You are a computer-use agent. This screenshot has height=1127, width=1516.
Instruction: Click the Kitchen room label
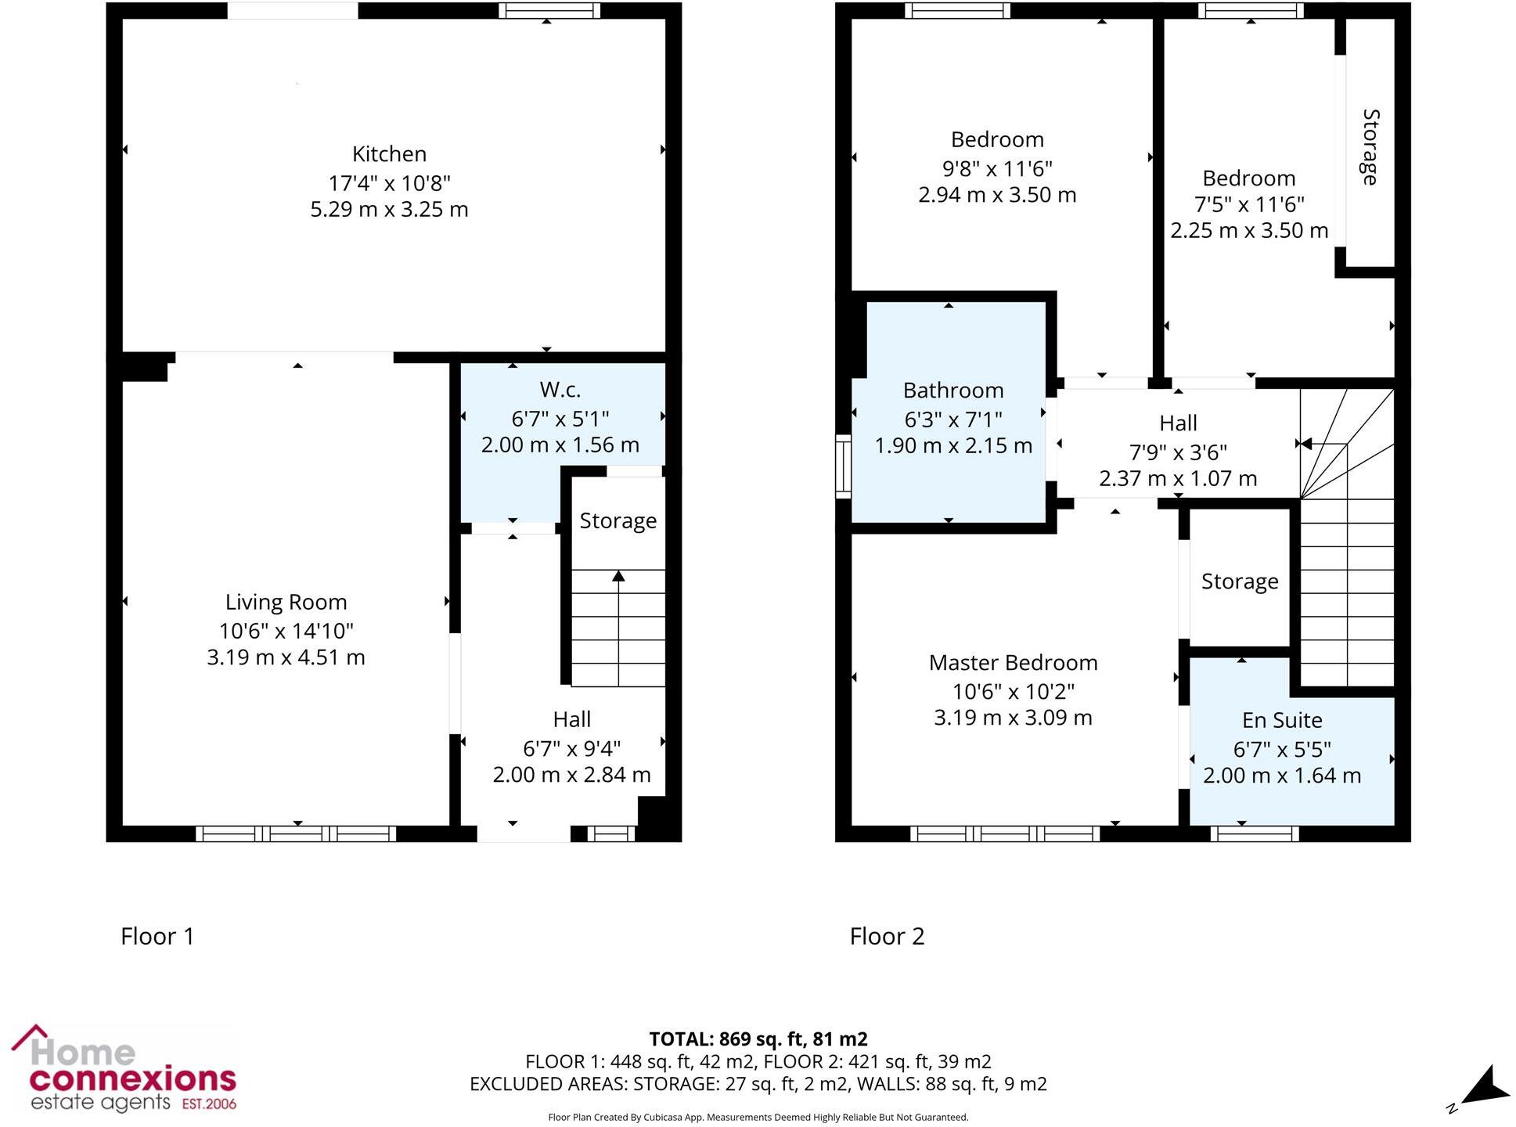[389, 154]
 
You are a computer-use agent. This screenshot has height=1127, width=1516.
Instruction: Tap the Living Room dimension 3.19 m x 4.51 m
[286, 657]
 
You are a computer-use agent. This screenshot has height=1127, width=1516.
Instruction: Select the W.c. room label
[560, 390]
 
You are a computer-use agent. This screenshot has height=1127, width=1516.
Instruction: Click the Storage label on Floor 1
[618, 521]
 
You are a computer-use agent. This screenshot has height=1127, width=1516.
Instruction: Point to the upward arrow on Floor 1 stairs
[618, 577]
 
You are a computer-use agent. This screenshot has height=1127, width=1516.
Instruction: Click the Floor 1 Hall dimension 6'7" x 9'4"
[571, 749]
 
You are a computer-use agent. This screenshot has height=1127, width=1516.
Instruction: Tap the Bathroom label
[952, 391]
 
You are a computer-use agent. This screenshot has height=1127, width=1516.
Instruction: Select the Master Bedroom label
[1013, 663]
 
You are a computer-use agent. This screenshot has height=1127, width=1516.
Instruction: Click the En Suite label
[1281, 720]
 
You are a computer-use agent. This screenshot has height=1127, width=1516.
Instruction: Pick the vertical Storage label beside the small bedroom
[1370, 147]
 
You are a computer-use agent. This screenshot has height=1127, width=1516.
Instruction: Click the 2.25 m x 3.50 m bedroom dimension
[1248, 231]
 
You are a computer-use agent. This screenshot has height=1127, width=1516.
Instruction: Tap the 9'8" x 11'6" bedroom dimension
[996, 168]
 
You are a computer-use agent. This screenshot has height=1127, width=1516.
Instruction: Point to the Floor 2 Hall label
[1178, 423]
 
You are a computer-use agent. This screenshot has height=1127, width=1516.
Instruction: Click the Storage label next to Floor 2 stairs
[1239, 582]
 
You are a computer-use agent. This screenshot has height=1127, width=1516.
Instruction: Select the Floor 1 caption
[157, 936]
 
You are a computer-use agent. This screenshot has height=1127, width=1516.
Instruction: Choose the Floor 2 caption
[887, 936]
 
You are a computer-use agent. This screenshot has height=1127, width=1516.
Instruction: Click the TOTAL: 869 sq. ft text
[758, 1039]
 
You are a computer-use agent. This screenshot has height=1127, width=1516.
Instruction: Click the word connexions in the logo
[133, 1079]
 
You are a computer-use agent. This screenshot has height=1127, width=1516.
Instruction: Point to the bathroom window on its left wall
[843, 467]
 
